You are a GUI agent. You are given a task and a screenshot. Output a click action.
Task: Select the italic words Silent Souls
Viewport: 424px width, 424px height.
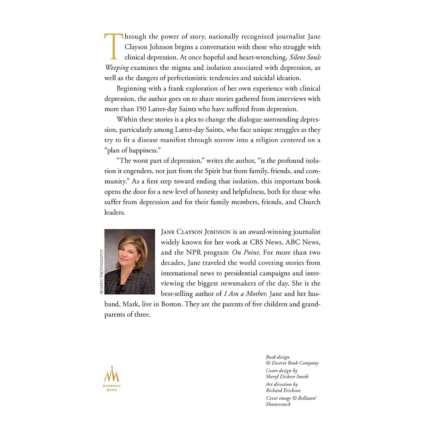(305, 57)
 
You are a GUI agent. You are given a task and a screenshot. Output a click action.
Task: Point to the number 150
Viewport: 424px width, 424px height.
(141, 109)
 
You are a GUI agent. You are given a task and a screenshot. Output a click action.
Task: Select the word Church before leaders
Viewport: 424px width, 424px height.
(309, 202)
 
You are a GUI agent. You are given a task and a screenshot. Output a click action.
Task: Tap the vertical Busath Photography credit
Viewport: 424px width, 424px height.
(101, 271)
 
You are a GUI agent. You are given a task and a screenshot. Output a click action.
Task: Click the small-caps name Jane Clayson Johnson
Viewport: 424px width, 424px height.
(196, 232)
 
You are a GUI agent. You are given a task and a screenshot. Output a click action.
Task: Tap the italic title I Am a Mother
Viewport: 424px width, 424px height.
(245, 294)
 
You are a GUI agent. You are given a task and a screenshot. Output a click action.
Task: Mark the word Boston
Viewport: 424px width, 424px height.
(171, 304)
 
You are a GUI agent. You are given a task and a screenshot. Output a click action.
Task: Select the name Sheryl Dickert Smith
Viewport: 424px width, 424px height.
(287, 377)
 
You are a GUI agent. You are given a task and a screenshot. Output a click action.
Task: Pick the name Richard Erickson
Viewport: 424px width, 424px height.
(283, 390)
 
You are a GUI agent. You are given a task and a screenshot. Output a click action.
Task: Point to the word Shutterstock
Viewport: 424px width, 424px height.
(278, 404)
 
